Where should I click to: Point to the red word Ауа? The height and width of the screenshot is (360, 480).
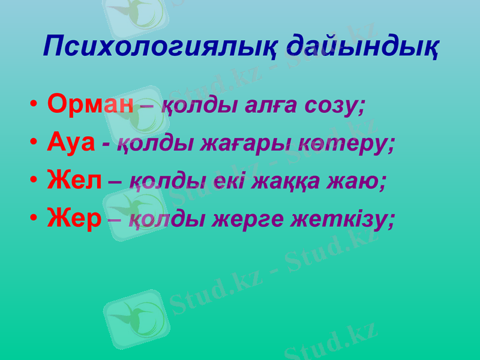[71, 142]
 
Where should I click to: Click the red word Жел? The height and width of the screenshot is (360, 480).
[74, 181]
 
